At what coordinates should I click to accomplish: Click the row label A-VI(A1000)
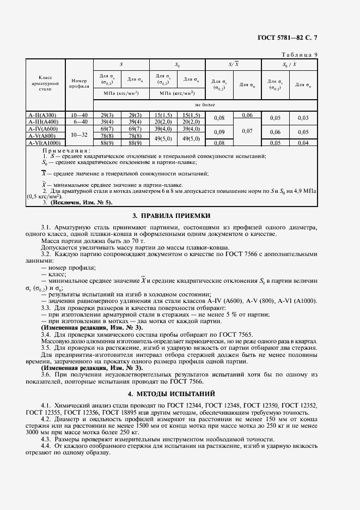pos(45,143)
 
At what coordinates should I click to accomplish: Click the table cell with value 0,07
pos(247,131)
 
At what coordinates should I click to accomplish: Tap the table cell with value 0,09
pos(219,132)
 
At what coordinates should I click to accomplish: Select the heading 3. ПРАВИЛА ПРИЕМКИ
pos(179,216)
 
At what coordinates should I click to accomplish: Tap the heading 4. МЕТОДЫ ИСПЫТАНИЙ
pos(179,392)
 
